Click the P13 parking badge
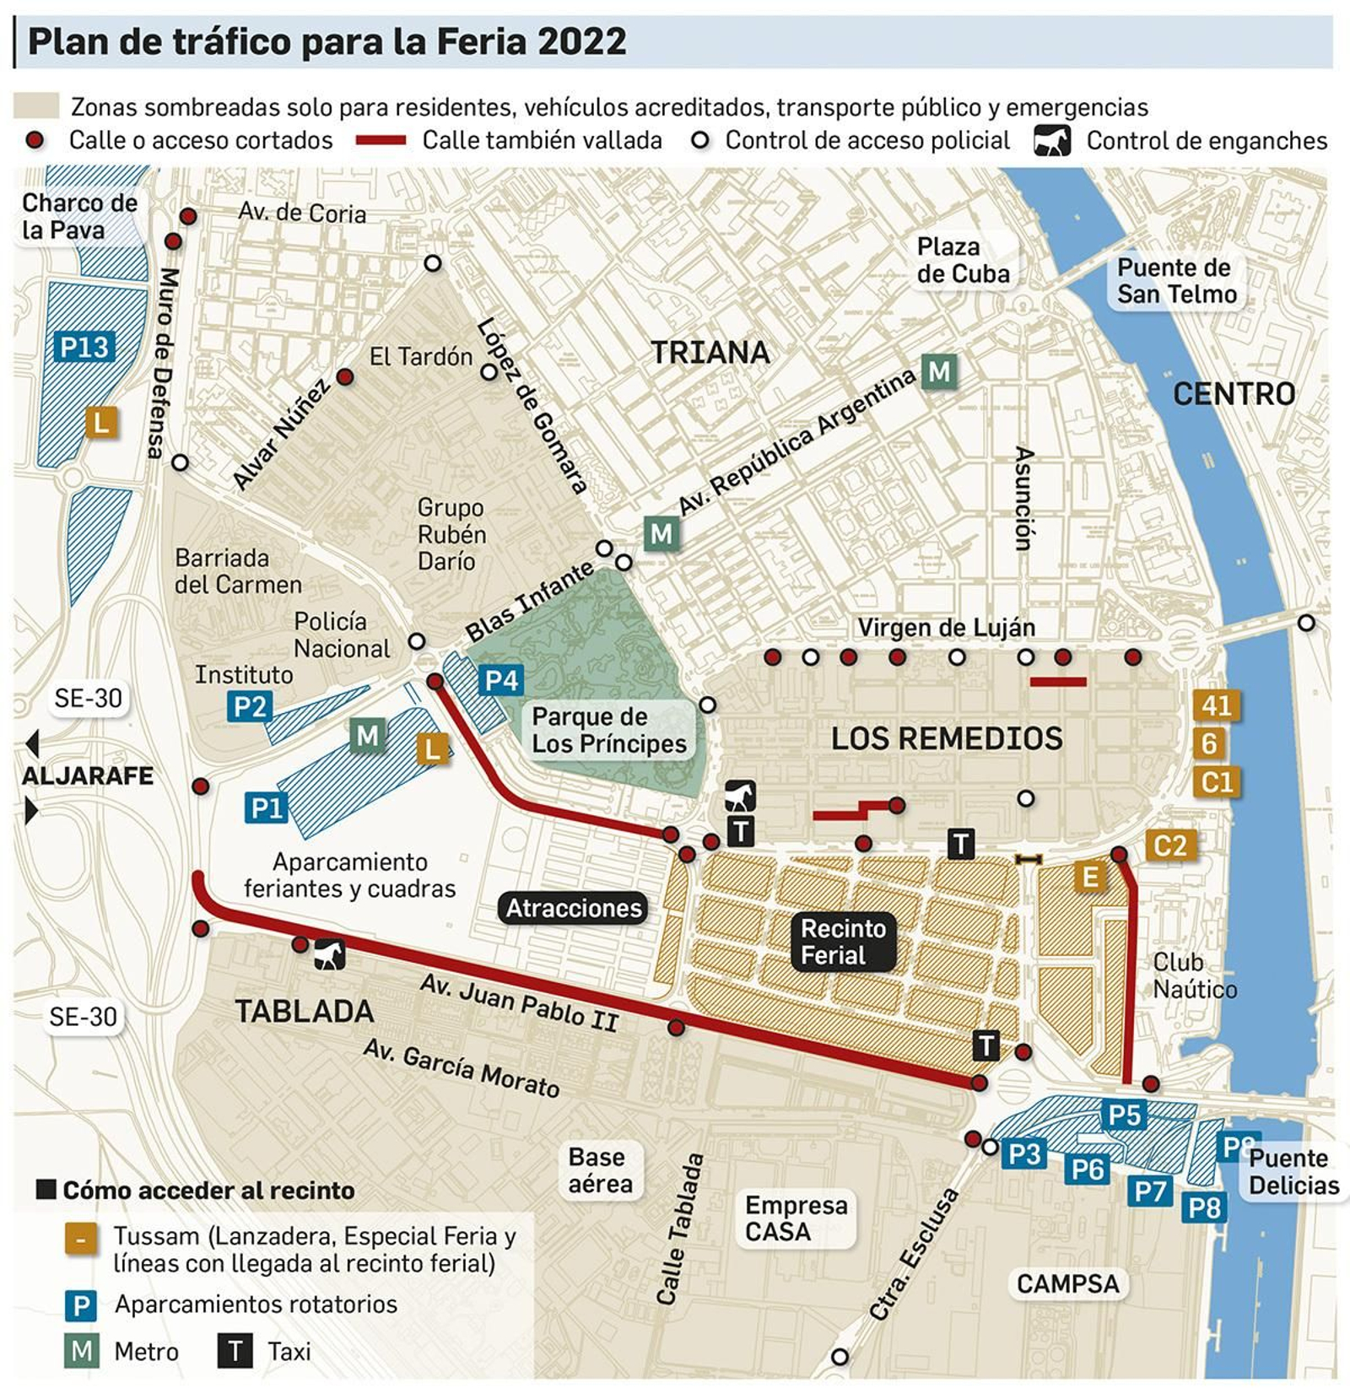click(84, 347)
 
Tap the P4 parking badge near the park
click(501, 680)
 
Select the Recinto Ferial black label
click(843, 942)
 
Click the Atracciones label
click(574, 908)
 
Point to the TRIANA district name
click(710, 353)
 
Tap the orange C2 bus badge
click(1170, 845)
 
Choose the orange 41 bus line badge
click(1217, 705)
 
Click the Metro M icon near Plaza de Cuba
click(938, 371)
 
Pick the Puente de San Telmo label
click(1175, 281)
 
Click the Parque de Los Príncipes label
click(609, 730)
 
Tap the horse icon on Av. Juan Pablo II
click(330, 955)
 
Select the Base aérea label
click(599, 1170)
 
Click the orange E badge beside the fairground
click(1089, 878)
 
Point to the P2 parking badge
click(250, 706)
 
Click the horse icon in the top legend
click(1051, 141)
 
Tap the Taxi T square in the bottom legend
click(235, 1351)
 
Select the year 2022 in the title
click(581, 41)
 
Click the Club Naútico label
click(1194, 975)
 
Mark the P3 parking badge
click(1024, 1153)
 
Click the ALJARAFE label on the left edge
click(88, 776)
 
